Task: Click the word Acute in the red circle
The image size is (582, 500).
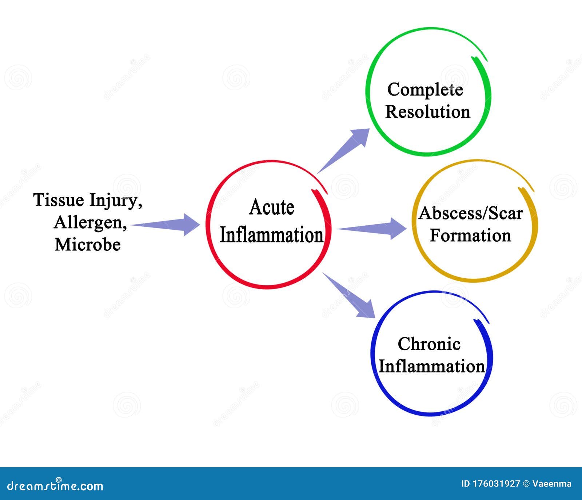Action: click(x=272, y=207)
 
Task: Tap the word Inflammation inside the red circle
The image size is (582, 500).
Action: click(x=272, y=235)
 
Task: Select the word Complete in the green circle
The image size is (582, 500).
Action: click(x=425, y=90)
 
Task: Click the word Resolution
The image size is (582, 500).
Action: click(x=427, y=112)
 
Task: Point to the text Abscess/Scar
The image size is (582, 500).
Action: click(x=470, y=213)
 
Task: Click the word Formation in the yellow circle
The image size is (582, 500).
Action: click(x=470, y=235)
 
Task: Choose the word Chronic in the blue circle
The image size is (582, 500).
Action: click(x=429, y=344)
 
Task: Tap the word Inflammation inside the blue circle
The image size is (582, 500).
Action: click(x=431, y=366)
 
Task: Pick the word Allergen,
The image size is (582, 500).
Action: click(x=90, y=223)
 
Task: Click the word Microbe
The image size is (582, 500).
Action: click(x=88, y=244)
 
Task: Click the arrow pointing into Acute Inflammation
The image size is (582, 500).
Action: click(x=167, y=225)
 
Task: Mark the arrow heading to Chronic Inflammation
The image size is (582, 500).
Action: click(x=349, y=295)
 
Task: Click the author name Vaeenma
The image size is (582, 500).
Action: click(x=551, y=484)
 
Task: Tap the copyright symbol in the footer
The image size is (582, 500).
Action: click(x=526, y=484)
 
